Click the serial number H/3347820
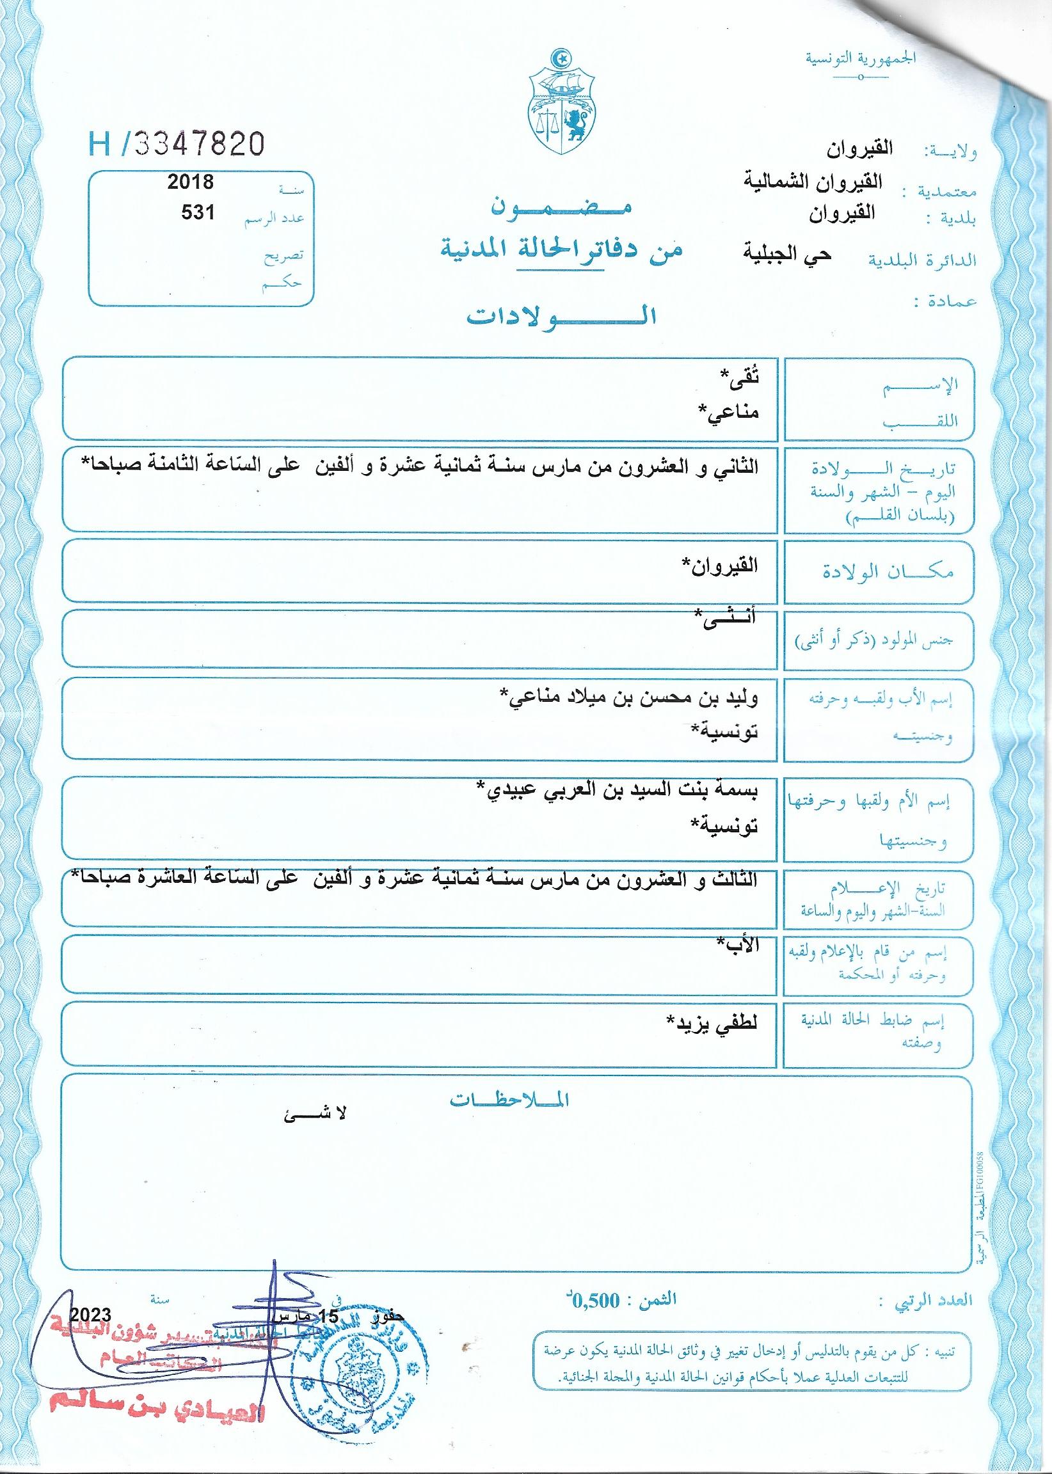coord(176,144)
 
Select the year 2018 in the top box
coord(191,182)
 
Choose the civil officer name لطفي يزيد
coord(713,1022)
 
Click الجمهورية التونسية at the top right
coord(861,57)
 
